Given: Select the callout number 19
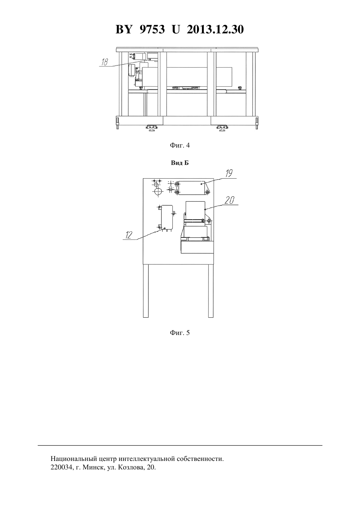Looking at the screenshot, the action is coord(229,173).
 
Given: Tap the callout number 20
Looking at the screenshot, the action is coord(230,200).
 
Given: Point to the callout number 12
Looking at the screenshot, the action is coord(129,235).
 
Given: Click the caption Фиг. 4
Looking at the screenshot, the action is coord(180,145).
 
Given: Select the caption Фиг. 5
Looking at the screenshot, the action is coord(180,333).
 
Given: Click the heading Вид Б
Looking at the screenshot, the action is coord(180,163).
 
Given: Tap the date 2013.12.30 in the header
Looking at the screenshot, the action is coord(215,29).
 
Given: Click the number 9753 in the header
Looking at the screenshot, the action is coord(152,29).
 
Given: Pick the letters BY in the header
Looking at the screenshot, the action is coord(124,29).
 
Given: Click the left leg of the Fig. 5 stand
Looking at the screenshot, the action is coord(146,291).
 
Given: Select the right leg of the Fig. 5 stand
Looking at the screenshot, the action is coord(211,291).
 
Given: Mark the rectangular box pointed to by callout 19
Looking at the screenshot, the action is coord(191,188).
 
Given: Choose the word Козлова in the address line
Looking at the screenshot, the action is coord(129,467).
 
